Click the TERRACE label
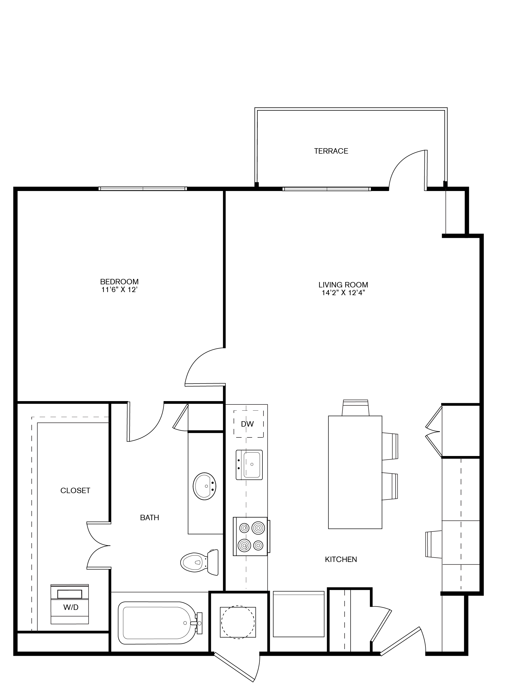[331, 151]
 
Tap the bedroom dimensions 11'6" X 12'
[119, 290]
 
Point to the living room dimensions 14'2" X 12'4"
[343, 293]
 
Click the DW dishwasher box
[248, 424]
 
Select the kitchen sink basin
[251, 465]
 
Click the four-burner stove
[250, 536]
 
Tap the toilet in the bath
[199, 562]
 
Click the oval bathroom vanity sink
[204, 486]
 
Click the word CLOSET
[75, 490]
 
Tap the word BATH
[149, 517]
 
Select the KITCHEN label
[341, 559]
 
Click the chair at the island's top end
[355, 408]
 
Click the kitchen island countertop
[355, 472]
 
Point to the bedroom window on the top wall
[143, 189]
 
